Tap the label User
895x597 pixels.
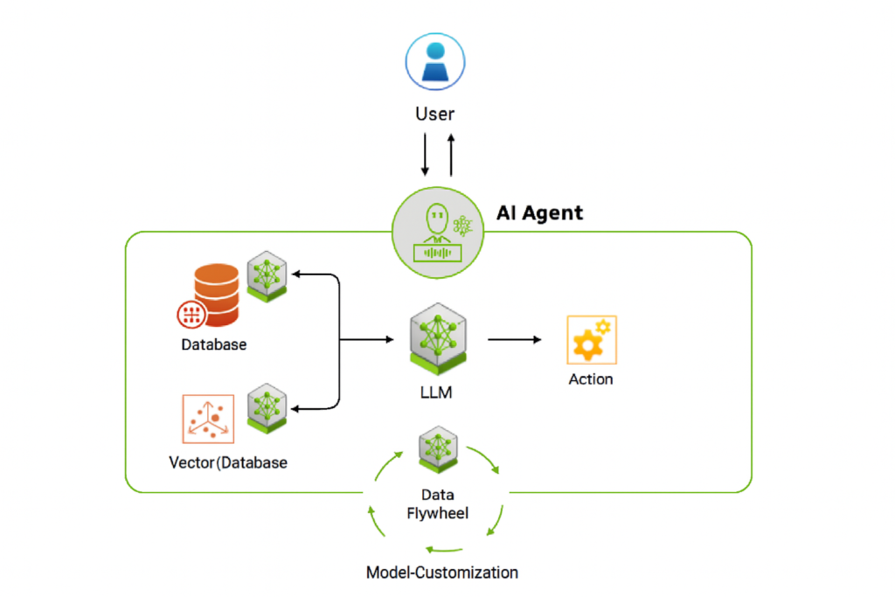click(x=435, y=115)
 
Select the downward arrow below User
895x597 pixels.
click(x=425, y=155)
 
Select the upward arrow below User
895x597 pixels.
click(x=451, y=155)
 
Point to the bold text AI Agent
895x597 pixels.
click(x=539, y=212)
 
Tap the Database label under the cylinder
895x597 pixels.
click(x=214, y=344)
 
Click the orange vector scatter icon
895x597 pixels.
click(x=208, y=419)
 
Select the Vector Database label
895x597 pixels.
click(x=228, y=462)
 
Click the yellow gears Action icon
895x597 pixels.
click(x=592, y=339)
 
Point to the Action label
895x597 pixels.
click(x=591, y=379)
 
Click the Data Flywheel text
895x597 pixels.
click(x=437, y=504)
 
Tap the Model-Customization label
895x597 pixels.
click(x=442, y=573)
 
